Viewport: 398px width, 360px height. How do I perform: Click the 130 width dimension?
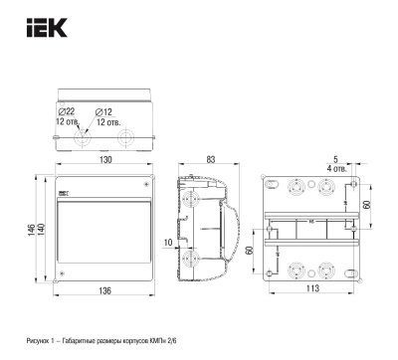tap(105, 160)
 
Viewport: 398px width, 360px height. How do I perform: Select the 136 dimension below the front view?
tap(105, 290)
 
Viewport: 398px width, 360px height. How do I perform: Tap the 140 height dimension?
tap(41, 229)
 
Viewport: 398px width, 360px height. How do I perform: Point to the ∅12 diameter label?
tap(104, 111)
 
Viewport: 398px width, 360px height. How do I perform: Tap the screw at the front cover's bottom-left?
tap(62, 273)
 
